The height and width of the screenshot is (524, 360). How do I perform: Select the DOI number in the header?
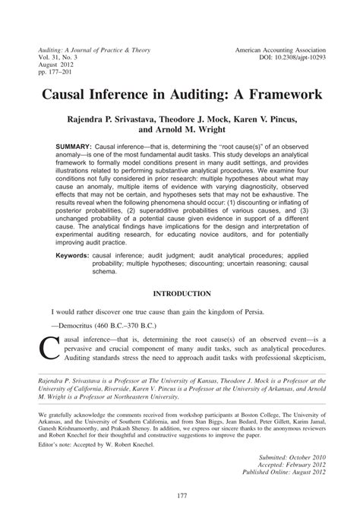click(292, 57)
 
